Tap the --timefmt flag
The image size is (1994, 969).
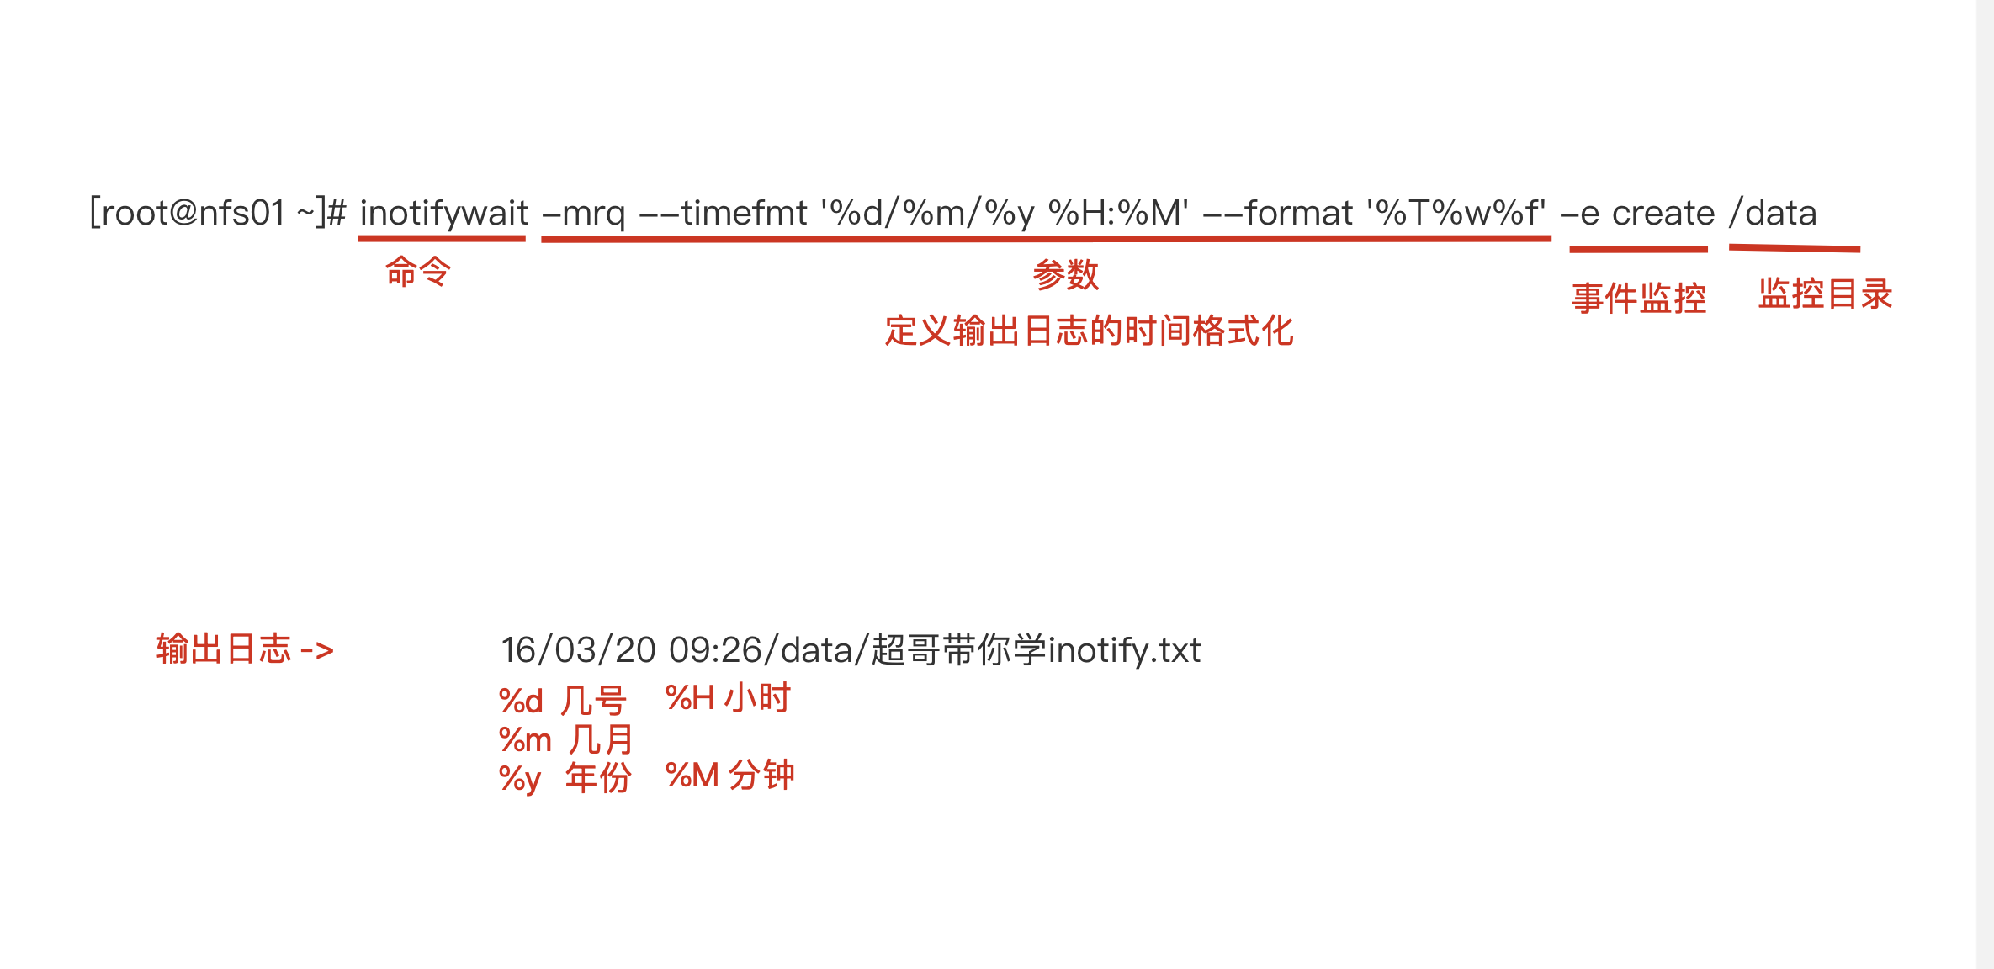click(724, 213)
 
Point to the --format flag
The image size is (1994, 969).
click(1278, 213)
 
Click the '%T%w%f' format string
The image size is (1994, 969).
click(1456, 213)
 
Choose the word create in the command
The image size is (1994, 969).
click(1663, 214)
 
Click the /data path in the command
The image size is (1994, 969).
click(1773, 213)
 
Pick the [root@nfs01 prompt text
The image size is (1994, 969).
click(188, 213)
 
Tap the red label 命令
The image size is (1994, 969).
click(418, 272)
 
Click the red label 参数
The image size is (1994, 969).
click(1066, 275)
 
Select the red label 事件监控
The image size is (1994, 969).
click(1639, 299)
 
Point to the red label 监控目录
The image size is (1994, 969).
click(1825, 294)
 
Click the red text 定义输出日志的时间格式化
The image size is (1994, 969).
click(1089, 331)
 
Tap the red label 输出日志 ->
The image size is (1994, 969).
click(245, 649)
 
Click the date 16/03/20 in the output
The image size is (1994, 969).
click(578, 650)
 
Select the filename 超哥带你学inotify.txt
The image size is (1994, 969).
click(1036, 650)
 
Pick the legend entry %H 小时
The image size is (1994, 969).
click(728, 698)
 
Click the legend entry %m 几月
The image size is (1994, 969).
click(565, 740)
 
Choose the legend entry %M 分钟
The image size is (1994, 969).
click(729, 776)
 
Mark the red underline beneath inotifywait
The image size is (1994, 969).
click(442, 240)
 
